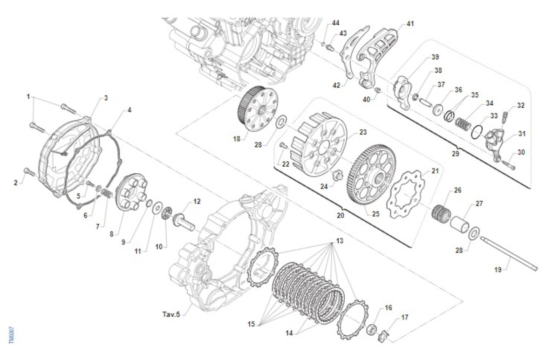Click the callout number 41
pyautogui.click(x=410, y=24)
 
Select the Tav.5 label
pyautogui.click(x=171, y=314)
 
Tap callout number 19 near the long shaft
pyautogui.click(x=498, y=270)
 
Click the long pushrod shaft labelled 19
pyautogui.click(x=508, y=253)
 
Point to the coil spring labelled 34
pyautogui.click(x=463, y=123)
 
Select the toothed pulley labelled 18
pyautogui.click(x=257, y=109)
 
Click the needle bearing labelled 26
pyautogui.click(x=441, y=214)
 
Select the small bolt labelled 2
pyautogui.click(x=30, y=172)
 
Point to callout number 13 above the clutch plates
pyautogui.click(x=340, y=241)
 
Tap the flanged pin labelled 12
pyautogui.click(x=184, y=222)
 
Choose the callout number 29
pyautogui.click(x=456, y=153)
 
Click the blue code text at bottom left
pyautogui.click(x=12, y=335)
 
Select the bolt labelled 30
pyautogui.click(x=508, y=165)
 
